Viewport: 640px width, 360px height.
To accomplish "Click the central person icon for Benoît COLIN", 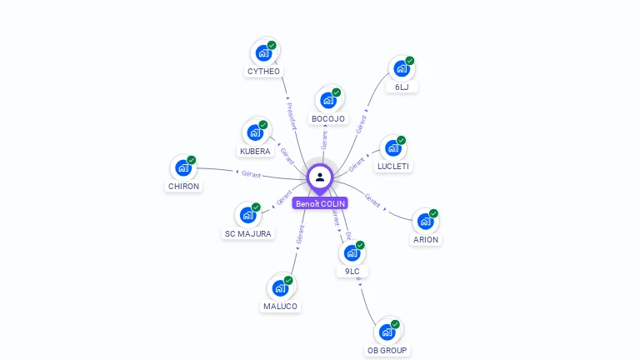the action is pyautogui.click(x=320, y=177).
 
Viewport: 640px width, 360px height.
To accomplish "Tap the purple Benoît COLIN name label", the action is pyautogui.click(x=320, y=203).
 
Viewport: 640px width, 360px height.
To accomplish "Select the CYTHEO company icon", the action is pyautogui.click(x=264, y=53).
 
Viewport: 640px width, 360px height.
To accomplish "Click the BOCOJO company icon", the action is pyautogui.click(x=328, y=101).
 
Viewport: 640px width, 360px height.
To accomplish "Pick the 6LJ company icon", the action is pyautogui.click(x=402, y=68).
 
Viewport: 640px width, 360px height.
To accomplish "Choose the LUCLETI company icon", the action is pyautogui.click(x=393, y=148).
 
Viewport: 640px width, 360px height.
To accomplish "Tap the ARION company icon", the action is pyautogui.click(x=425, y=222).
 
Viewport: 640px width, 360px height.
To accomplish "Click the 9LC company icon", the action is pyautogui.click(x=352, y=252).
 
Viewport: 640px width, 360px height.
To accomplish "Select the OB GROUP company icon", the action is pyautogui.click(x=387, y=332).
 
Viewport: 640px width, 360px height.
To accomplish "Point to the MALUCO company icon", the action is pyautogui.click(x=280, y=288).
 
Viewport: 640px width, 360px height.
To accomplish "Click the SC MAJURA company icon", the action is pyautogui.click(x=247, y=215).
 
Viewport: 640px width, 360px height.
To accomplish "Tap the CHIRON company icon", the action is pyautogui.click(x=183, y=167).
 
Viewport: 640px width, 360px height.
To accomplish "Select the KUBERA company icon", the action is pyautogui.click(x=255, y=132).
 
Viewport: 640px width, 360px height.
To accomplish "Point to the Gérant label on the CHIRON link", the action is pyautogui.click(x=251, y=174).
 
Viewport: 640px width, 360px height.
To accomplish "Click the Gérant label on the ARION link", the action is pyautogui.click(x=372, y=200).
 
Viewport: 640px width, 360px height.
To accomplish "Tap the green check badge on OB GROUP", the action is pyautogui.click(x=395, y=324).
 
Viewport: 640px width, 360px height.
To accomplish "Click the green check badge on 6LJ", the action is pyautogui.click(x=410, y=61).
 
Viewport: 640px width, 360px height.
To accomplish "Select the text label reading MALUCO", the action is pyautogui.click(x=280, y=307).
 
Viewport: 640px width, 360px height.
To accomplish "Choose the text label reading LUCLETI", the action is pyautogui.click(x=394, y=167).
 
